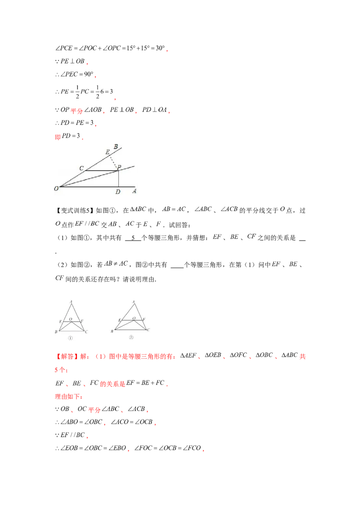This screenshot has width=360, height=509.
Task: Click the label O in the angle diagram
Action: [56, 189]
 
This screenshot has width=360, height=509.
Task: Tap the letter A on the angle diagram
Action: [134, 192]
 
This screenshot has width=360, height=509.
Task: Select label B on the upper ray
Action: [116, 147]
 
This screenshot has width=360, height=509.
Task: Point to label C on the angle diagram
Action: [81, 168]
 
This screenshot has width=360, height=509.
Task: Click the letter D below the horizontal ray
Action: [117, 192]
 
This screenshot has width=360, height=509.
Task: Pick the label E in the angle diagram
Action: [107, 152]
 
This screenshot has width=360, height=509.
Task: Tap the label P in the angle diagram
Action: [119, 167]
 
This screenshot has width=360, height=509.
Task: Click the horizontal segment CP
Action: [101, 171]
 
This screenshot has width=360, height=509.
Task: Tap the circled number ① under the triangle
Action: [70, 338]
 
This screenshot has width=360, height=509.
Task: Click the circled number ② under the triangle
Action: [131, 338]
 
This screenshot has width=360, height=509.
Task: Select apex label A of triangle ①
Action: [71, 301]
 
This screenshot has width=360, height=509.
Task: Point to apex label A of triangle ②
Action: [134, 301]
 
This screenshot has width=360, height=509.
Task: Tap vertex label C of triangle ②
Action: [148, 330]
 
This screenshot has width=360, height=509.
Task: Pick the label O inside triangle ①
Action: [71, 319]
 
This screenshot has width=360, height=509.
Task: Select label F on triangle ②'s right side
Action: [144, 320]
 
